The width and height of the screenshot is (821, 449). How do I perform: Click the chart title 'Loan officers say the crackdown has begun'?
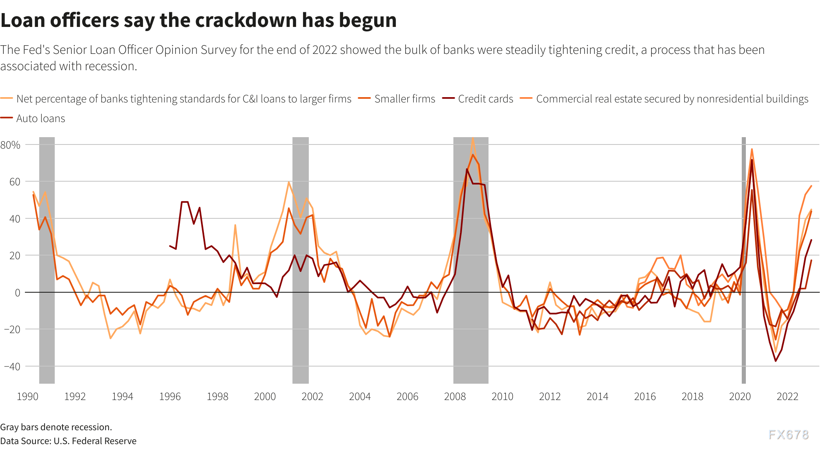[x=199, y=20]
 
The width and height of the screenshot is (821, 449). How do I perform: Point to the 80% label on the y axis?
[x=11, y=145]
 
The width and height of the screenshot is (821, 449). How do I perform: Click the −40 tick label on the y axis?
[x=12, y=367]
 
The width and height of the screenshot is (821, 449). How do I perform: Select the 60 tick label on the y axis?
[x=15, y=182]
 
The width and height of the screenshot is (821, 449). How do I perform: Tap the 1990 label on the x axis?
[x=27, y=396]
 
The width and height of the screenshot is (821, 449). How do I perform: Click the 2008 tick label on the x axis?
[x=455, y=396]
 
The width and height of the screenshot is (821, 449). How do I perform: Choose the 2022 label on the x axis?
[x=787, y=396]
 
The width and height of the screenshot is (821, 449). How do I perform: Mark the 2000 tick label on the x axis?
[x=265, y=396]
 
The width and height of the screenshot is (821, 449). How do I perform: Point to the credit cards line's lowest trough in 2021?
[x=775, y=361]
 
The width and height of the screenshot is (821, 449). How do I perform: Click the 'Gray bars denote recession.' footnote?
[x=56, y=427]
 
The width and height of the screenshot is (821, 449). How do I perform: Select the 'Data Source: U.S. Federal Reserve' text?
[x=68, y=441]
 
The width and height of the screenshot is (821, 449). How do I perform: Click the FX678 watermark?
[x=788, y=435]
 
